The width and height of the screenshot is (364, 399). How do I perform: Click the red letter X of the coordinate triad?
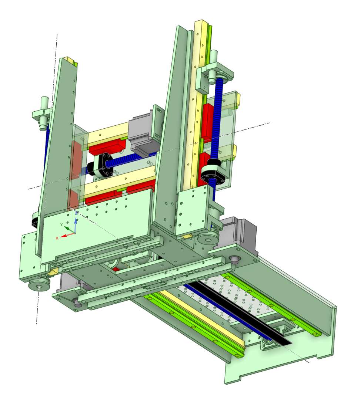[x=57, y=238]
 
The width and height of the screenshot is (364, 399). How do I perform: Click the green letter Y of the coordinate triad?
[x=61, y=224]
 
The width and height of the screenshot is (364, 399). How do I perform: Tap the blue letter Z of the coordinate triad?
[x=76, y=213]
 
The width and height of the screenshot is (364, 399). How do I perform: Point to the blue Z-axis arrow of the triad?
[x=76, y=224]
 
